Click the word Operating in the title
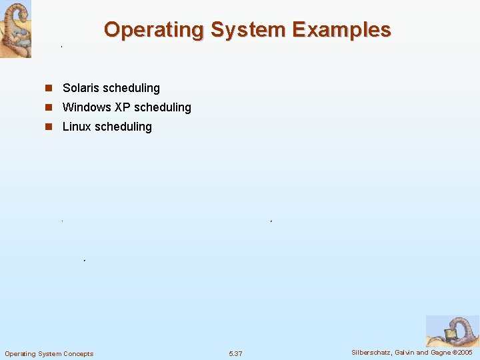pyautogui.click(x=153, y=30)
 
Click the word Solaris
pyautogui.click(x=81, y=88)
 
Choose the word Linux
pyautogui.click(x=76, y=127)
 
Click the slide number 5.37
pyautogui.click(x=235, y=353)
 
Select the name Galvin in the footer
pyautogui.click(x=405, y=352)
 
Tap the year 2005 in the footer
pyautogui.click(x=464, y=352)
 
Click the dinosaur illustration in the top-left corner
pyautogui.click(x=15, y=29)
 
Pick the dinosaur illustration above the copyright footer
pyautogui.click(x=451, y=331)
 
